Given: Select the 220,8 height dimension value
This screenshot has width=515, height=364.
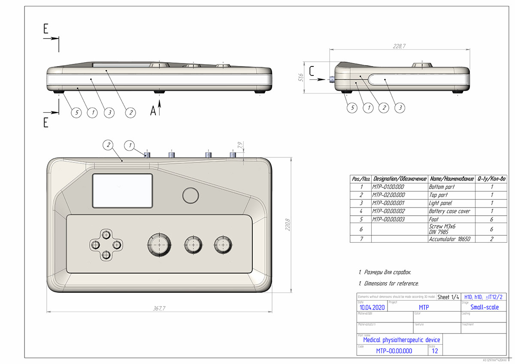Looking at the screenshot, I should (288, 224).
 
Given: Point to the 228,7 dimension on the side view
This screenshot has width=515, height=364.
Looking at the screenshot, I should (399, 45).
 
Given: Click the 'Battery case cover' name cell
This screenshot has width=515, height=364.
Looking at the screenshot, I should (449, 211).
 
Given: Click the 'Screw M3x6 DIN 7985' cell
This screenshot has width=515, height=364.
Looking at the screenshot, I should (442, 229).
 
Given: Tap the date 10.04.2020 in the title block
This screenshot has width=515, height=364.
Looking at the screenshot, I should (372, 307).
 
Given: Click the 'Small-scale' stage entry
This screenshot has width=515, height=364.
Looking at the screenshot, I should (485, 307).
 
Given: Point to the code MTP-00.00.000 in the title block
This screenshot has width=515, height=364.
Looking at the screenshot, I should (394, 351).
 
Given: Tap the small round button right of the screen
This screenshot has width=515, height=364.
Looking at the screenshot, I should (191, 195).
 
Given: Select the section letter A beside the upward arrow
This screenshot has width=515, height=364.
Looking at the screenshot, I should (153, 111).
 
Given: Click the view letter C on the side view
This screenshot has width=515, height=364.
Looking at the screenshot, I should (312, 71).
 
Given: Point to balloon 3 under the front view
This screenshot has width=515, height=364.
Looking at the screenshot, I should (109, 112).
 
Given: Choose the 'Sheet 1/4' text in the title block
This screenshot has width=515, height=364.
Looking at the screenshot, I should (448, 297).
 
